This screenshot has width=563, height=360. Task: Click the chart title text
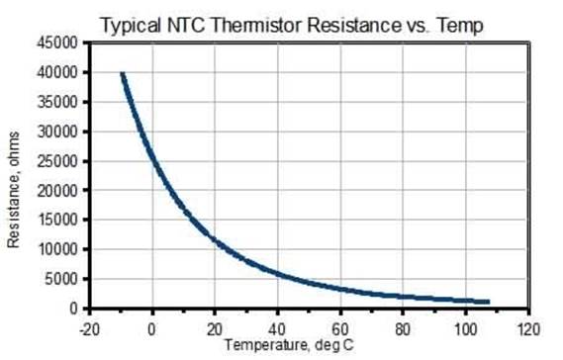pyautogui.click(x=291, y=25)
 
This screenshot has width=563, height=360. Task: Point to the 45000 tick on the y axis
pyautogui.click(x=56, y=44)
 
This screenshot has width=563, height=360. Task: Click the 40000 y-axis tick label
pyautogui.click(x=56, y=73)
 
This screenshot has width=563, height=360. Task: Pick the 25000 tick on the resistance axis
pyautogui.click(x=56, y=161)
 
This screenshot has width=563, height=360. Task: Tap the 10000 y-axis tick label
pyautogui.click(x=56, y=249)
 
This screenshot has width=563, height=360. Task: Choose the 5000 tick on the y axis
pyautogui.click(x=60, y=279)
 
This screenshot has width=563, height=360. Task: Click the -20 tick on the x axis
pyautogui.click(x=89, y=327)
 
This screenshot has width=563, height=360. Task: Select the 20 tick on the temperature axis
pyautogui.click(x=215, y=327)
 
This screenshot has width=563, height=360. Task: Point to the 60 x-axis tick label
pyautogui.click(x=340, y=327)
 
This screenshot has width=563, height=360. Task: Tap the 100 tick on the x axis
pyautogui.click(x=466, y=327)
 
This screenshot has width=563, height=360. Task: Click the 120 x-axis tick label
pyautogui.click(x=528, y=327)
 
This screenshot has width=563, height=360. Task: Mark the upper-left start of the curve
pyautogui.click(x=123, y=74)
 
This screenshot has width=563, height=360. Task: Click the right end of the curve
pyautogui.click(x=488, y=302)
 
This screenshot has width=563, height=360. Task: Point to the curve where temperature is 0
pyautogui.click(x=152, y=156)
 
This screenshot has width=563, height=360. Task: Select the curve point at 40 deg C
pyautogui.click(x=278, y=274)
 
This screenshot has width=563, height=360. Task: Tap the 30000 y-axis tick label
pyautogui.click(x=56, y=132)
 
